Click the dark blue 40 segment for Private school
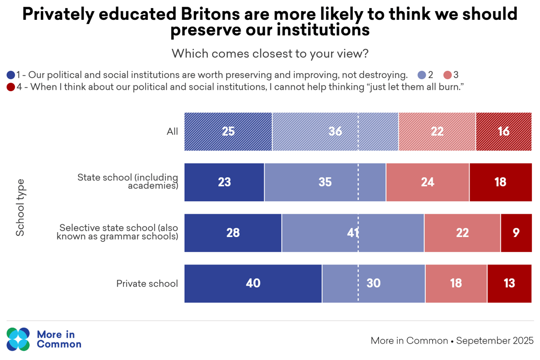253,284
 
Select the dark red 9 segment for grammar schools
516,233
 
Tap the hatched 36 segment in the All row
335,132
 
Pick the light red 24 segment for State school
427,182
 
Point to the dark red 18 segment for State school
500,182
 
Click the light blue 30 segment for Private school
374,284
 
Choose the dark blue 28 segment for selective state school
233,233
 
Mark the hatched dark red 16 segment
503,132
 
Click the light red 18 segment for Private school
456,284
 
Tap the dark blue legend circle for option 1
11,75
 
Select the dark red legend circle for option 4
11,87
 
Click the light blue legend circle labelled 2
422,75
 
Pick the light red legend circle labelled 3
447,75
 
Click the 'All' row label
172,132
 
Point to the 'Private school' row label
147,284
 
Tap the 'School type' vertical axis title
20,208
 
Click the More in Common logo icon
18,339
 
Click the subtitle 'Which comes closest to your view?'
270,54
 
